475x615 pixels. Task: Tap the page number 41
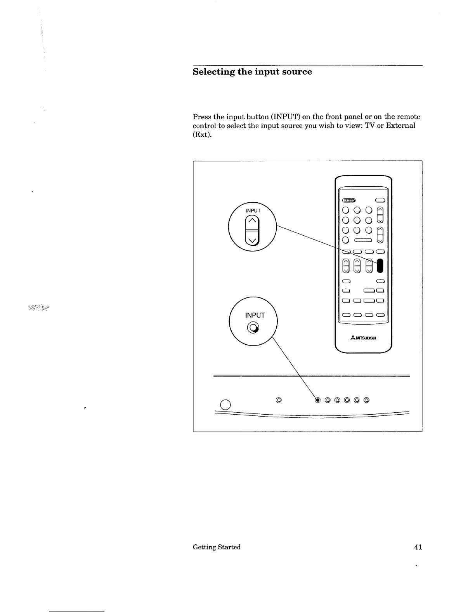(418, 547)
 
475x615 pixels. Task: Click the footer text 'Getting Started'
(217, 547)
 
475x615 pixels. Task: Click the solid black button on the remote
(380, 266)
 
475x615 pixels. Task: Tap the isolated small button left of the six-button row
(278, 400)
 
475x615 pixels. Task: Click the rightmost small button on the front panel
(366, 400)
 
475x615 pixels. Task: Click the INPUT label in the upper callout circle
(253, 210)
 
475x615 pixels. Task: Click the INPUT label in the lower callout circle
(255, 315)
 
